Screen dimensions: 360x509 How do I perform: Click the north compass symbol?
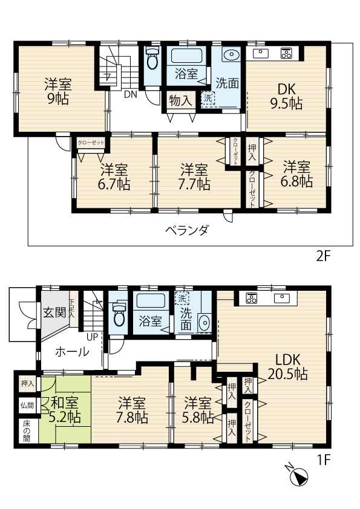tap(297, 475)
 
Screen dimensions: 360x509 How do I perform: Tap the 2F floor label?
tap(323, 256)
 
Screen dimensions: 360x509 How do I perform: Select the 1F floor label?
tap(323, 459)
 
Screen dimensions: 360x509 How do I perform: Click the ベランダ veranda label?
tap(186, 230)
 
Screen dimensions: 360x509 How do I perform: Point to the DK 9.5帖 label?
tap(286, 96)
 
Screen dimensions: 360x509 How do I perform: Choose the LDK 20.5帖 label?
tap(287, 367)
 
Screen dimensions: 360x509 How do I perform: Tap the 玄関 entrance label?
tap(54, 313)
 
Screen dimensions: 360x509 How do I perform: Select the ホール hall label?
tap(72, 352)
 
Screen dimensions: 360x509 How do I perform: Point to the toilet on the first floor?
tap(119, 314)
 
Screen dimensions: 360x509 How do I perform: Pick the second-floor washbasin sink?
tap(232, 54)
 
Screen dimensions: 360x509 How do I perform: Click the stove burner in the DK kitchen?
tap(287, 53)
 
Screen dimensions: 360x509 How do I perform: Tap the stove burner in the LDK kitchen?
tap(252, 297)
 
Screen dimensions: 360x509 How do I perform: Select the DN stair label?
tap(131, 94)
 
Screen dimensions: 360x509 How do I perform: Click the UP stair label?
tap(93, 337)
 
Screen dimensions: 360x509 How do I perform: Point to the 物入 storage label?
tap(180, 100)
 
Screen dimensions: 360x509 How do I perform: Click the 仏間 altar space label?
tap(27, 406)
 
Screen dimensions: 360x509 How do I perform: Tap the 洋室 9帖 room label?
tap(58, 91)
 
